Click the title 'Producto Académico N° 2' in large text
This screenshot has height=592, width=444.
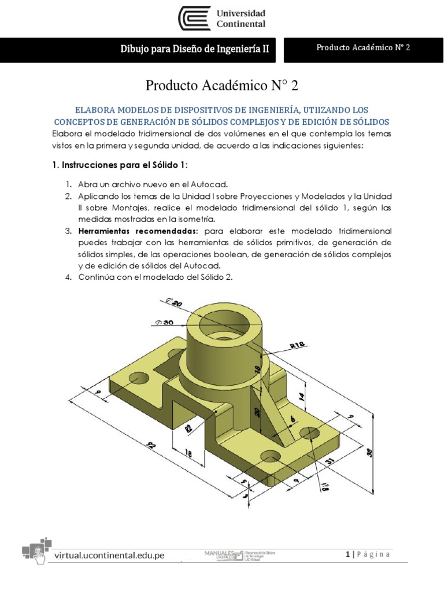point(222,86)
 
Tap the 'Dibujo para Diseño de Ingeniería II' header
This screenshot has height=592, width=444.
point(194,50)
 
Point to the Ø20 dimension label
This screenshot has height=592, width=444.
point(173,302)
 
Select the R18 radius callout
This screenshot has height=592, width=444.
point(297,345)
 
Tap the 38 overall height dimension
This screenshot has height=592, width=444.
point(369,453)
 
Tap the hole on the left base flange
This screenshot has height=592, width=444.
point(138,379)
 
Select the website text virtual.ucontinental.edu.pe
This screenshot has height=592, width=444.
point(109,555)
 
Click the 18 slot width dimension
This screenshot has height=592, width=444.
point(188,454)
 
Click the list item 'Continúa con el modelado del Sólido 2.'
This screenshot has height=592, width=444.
point(155,277)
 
